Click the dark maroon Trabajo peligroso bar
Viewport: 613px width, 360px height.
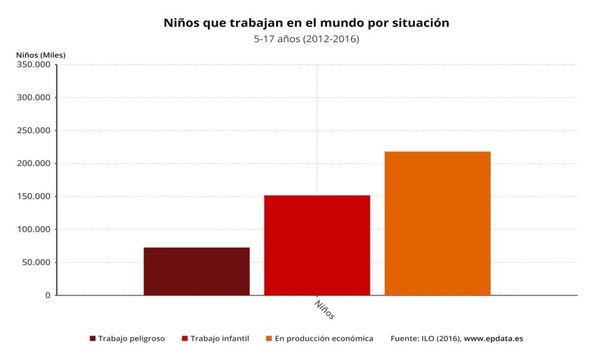point(196,271)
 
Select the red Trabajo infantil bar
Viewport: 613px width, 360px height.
point(317,245)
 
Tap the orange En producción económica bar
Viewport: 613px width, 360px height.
point(437,223)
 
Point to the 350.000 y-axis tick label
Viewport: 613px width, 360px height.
point(34,65)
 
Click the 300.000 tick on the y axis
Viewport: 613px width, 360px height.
point(34,98)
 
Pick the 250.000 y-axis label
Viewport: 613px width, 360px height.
point(34,131)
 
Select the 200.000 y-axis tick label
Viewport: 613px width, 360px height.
point(34,164)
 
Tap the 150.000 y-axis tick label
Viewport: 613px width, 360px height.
point(34,196)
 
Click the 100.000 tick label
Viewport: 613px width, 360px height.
point(34,229)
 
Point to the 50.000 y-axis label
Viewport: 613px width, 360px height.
point(37,262)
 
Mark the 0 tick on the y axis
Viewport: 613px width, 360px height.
point(48,295)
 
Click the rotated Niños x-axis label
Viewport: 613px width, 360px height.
point(324,310)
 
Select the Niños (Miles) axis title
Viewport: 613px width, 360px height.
point(41,55)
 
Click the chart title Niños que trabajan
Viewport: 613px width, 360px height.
point(306,23)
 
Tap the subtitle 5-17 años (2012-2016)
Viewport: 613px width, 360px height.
point(306,40)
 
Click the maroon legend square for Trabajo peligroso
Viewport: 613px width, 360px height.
point(93,338)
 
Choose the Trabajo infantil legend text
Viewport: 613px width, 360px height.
point(220,338)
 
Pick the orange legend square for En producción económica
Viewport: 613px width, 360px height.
point(269,338)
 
